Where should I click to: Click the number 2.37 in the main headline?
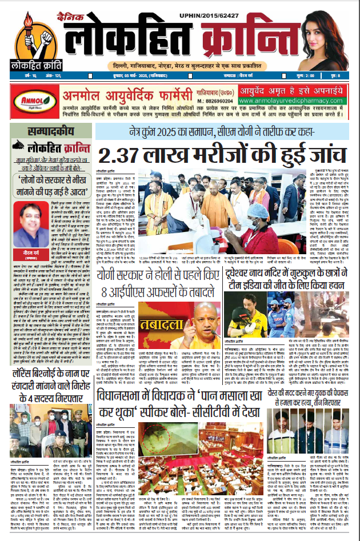(x=123, y=155)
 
